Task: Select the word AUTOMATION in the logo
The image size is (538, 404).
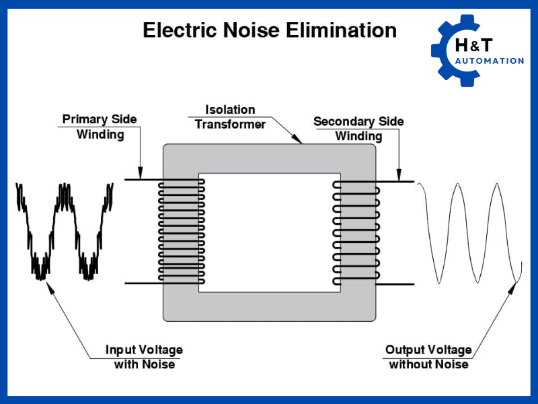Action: click(x=490, y=61)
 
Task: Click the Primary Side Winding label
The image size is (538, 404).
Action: click(x=100, y=127)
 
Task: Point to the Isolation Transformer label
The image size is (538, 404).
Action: click(x=230, y=116)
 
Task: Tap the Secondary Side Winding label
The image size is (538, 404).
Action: click(x=358, y=129)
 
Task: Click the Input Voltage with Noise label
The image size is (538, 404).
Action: click(x=144, y=357)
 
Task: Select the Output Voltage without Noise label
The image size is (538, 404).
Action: click(x=428, y=357)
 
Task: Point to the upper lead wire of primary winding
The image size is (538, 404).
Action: click(x=141, y=180)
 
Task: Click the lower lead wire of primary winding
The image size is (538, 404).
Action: click(x=141, y=283)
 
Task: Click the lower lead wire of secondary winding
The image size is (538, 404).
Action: click(x=393, y=283)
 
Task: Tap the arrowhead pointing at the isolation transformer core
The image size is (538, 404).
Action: click(x=299, y=141)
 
